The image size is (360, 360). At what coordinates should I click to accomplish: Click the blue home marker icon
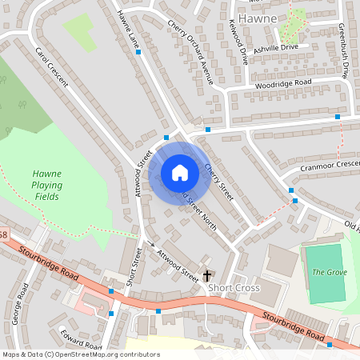pyautogui.click(x=180, y=172)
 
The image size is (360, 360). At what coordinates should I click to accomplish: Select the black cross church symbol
pyautogui.click(x=206, y=274)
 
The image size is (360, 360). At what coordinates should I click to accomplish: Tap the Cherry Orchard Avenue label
pyautogui.click(x=191, y=52)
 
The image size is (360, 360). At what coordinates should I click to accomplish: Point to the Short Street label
pyautogui.click(x=134, y=267)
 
